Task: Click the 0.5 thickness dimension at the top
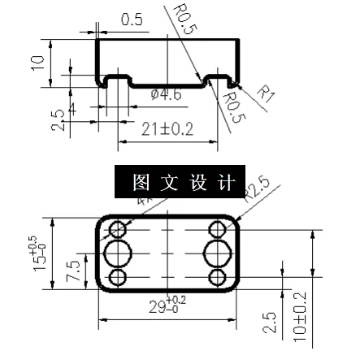pyautogui.click(x=131, y=19)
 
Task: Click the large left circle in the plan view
pyautogui.click(x=120, y=253)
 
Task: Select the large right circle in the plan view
pyautogui.click(x=217, y=253)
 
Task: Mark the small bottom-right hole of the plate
pyautogui.click(x=217, y=279)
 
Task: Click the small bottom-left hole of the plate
pyautogui.click(x=119, y=279)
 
